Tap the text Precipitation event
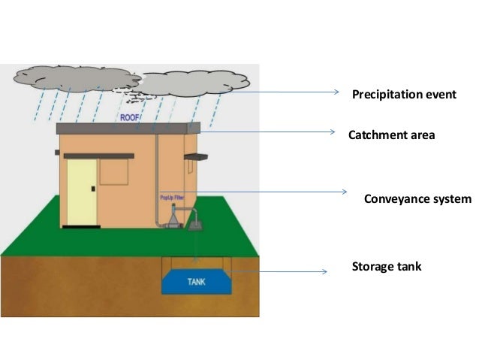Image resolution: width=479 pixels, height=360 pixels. click(404, 95)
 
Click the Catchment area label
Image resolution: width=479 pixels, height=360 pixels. click(391, 136)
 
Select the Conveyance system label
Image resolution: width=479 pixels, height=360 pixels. click(417, 199)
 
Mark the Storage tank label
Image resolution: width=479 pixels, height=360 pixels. click(387, 266)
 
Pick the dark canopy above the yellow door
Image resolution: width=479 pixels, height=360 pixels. click(98, 156)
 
